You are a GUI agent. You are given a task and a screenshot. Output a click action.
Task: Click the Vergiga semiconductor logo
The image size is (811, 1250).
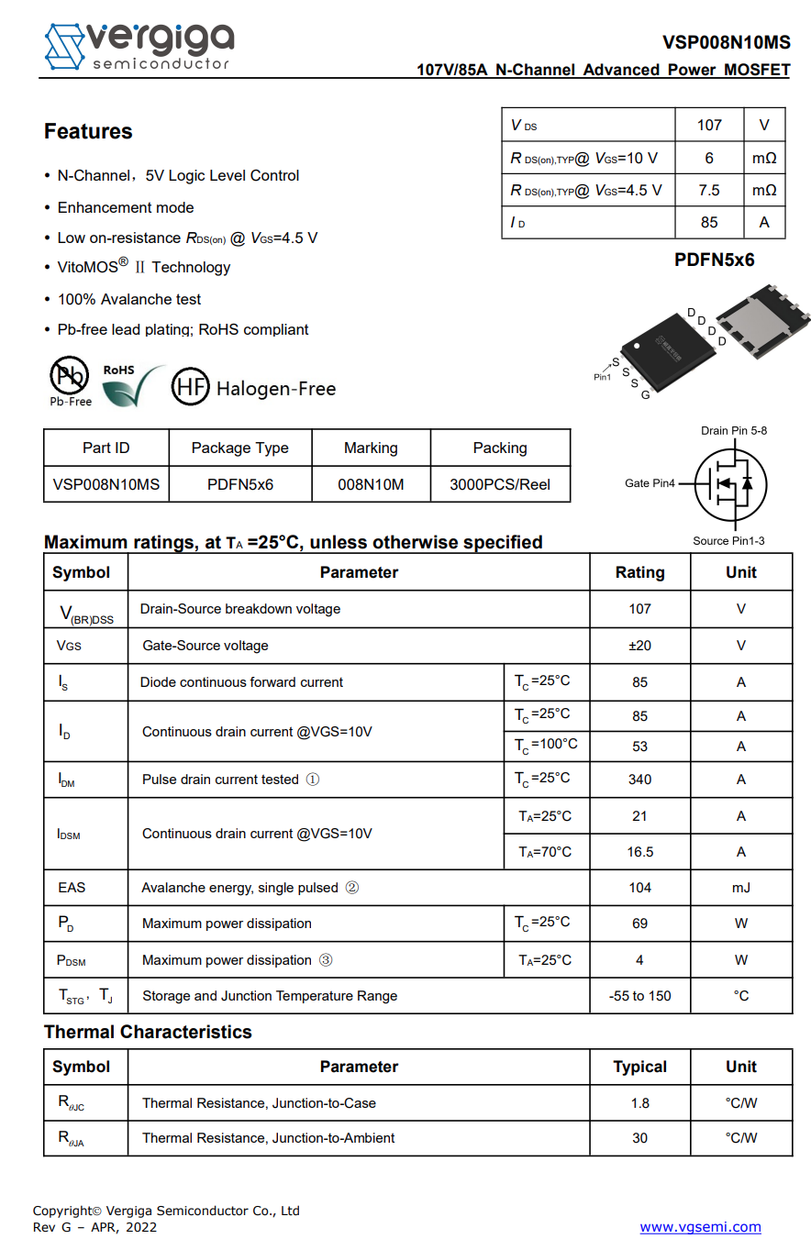pos(139,46)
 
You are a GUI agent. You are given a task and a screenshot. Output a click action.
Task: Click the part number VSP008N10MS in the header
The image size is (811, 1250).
pos(726,42)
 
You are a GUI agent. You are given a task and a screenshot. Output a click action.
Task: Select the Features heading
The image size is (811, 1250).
pos(88,132)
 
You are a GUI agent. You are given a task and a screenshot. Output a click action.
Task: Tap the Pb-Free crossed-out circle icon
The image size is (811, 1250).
pos(69,375)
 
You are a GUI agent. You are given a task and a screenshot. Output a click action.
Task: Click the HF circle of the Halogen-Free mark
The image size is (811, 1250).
pos(190,387)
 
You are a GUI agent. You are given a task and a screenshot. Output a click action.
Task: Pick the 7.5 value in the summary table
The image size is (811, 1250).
pos(708,190)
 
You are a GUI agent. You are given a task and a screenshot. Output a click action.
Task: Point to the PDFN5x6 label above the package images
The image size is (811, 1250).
pos(714,260)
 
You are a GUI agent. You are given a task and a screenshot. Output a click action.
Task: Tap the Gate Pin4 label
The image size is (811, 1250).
pos(650,483)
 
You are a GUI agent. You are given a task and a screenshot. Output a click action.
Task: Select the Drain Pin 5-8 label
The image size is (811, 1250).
pos(734,430)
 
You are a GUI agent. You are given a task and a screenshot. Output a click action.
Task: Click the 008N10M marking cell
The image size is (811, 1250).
pos(371,484)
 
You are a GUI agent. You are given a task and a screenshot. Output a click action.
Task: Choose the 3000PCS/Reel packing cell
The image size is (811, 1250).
pos(500,484)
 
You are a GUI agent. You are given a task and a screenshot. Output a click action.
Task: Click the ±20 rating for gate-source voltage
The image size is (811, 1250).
pos(639,646)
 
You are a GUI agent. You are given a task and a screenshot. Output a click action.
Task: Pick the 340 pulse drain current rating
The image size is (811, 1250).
pos(639,780)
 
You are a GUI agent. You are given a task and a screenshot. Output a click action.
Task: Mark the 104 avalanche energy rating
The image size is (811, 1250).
pos(639,888)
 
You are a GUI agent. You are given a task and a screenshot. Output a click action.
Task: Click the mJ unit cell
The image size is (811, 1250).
pos(740,888)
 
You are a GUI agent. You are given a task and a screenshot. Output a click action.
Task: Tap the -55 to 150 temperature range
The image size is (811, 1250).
pos(639,996)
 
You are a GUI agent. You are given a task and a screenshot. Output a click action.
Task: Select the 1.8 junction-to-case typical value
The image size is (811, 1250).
pos(639,1103)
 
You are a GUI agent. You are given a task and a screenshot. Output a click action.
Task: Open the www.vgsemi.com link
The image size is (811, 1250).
pos(700,1227)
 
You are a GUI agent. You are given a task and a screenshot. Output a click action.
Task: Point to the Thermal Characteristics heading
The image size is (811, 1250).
pos(148,1032)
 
